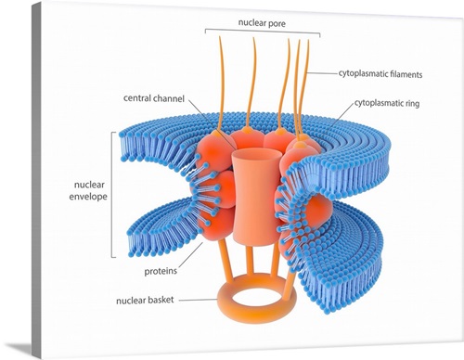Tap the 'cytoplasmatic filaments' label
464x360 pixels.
pyautogui.click(x=374, y=71)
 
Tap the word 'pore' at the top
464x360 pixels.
pyautogui.click(x=279, y=22)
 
